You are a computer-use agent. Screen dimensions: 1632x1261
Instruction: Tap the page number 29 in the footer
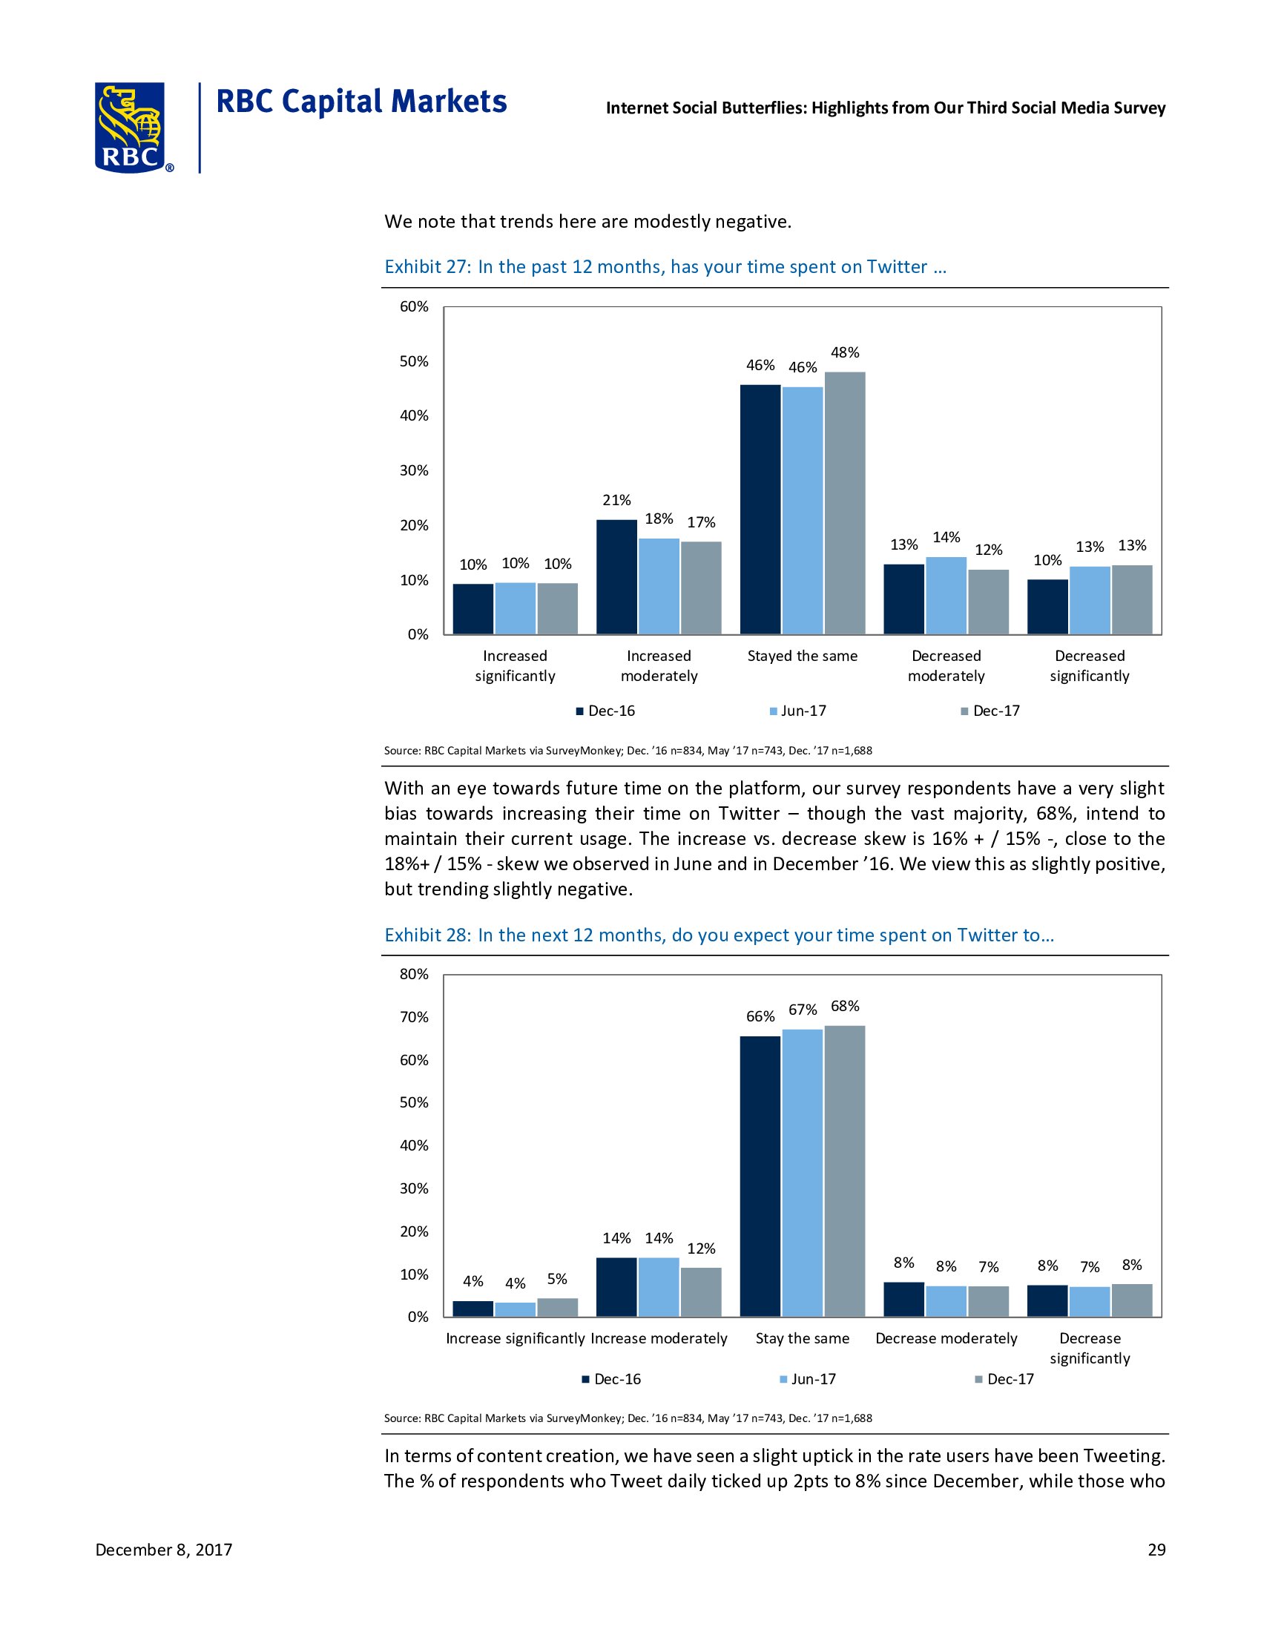(x=1156, y=1550)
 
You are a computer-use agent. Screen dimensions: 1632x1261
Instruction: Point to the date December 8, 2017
(x=164, y=1550)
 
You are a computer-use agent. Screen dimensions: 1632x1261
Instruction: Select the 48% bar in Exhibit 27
(x=845, y=503)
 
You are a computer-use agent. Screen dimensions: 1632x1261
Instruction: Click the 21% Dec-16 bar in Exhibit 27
(x=616, y=577)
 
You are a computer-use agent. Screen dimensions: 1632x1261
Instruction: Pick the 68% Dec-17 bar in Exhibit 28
(x=845, y=1170)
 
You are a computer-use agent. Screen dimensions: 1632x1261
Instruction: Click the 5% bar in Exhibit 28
(x=557, y=1307)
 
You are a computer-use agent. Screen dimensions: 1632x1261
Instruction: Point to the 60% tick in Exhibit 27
(x=415, y=306)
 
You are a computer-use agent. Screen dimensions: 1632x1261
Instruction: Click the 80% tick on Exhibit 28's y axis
(x=415, y=974)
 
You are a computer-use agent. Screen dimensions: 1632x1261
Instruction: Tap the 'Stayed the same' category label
(x=803, y=656)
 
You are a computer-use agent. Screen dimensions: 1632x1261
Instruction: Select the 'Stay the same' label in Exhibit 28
(x=803, y=1338)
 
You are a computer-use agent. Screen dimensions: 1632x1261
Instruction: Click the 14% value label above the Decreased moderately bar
(x=946, y=537)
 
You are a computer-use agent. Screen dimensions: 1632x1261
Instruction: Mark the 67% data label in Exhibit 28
(x=803, y=1010)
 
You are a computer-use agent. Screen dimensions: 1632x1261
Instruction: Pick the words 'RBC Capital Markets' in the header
(x=360, y=102)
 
